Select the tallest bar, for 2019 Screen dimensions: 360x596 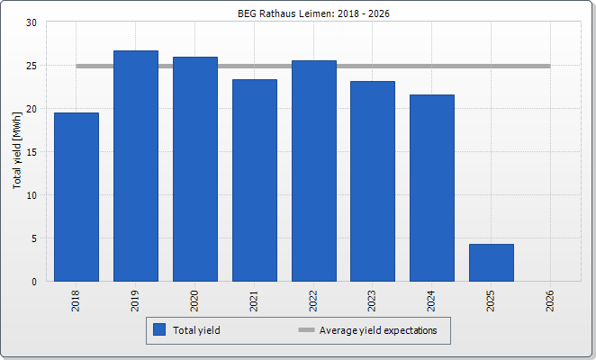(136, 166)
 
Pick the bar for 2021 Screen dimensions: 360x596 (255, 180)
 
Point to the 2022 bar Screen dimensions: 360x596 (314, 171)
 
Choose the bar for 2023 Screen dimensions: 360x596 (373, 181)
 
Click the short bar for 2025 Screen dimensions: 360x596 (492, 262)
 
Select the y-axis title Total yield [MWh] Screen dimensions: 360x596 (17, 151)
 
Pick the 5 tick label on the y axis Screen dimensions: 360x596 (33, 238)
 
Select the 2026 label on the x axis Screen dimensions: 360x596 (551, 300)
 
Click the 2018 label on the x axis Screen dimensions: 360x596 (77, 300)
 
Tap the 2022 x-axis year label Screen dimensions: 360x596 (314, 300)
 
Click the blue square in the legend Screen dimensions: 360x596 (159, 330)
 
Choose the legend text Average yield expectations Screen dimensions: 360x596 (378, 330)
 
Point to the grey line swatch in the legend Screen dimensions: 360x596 (306, 330)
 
